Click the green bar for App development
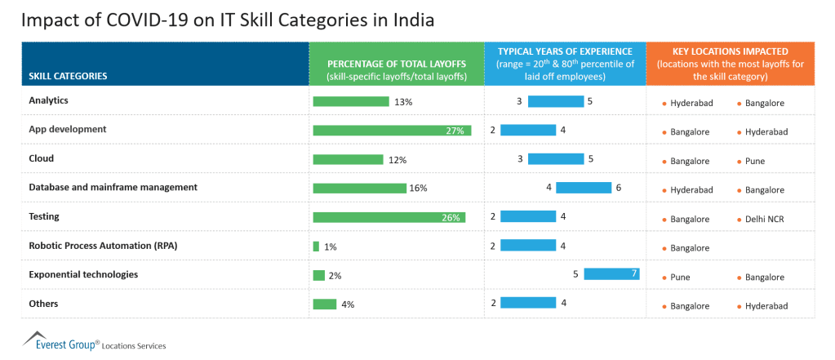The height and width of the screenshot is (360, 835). tap(392, 131)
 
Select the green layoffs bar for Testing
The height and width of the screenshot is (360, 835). tap(389, 217)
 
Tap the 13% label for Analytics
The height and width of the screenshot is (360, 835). tap(402, 102)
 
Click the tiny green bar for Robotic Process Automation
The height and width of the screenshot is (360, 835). tap(316, 247)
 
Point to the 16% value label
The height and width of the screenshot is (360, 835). tap(418, 188)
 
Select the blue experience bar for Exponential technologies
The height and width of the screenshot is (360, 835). tap(611, 274)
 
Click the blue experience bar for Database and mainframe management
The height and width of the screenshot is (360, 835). tap(584, 188)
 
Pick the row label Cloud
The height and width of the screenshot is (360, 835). tap(42, 158)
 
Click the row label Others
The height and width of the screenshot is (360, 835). tap(43, 304)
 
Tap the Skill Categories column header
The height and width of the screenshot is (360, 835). tap(69, 76)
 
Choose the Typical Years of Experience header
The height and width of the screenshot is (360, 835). tap(565, 64)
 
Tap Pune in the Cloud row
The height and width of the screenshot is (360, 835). tap(755, 161)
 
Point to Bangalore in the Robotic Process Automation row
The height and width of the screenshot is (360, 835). tap(690, 248)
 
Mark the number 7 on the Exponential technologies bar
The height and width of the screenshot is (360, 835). tap(633, 274)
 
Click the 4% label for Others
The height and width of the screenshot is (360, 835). tap(348, 304)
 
